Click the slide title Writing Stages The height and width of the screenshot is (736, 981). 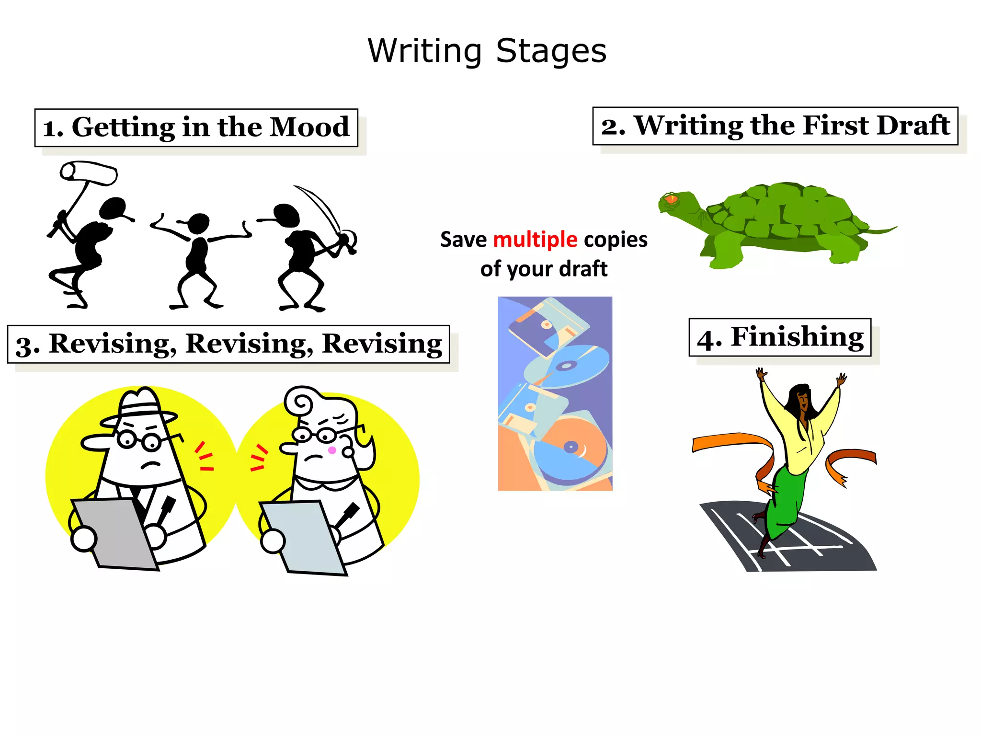(x=487, y=51)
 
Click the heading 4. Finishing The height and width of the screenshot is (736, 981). (x=780, y=337)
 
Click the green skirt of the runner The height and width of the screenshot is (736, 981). (x=786, y=498)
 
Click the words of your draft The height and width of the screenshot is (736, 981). (x=544, y=269)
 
